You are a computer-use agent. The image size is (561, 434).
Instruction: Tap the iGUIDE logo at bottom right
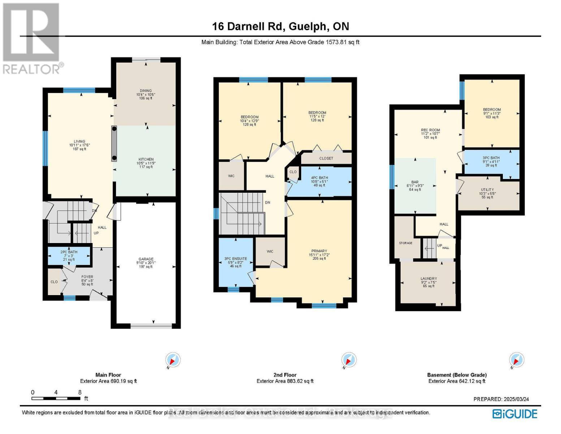515,414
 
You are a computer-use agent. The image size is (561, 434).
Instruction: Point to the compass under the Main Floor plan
172,360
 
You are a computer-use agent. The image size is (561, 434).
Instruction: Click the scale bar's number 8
80,392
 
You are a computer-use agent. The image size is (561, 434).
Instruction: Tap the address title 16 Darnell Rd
280,26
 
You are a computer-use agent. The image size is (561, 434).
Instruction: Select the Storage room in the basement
405,243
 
